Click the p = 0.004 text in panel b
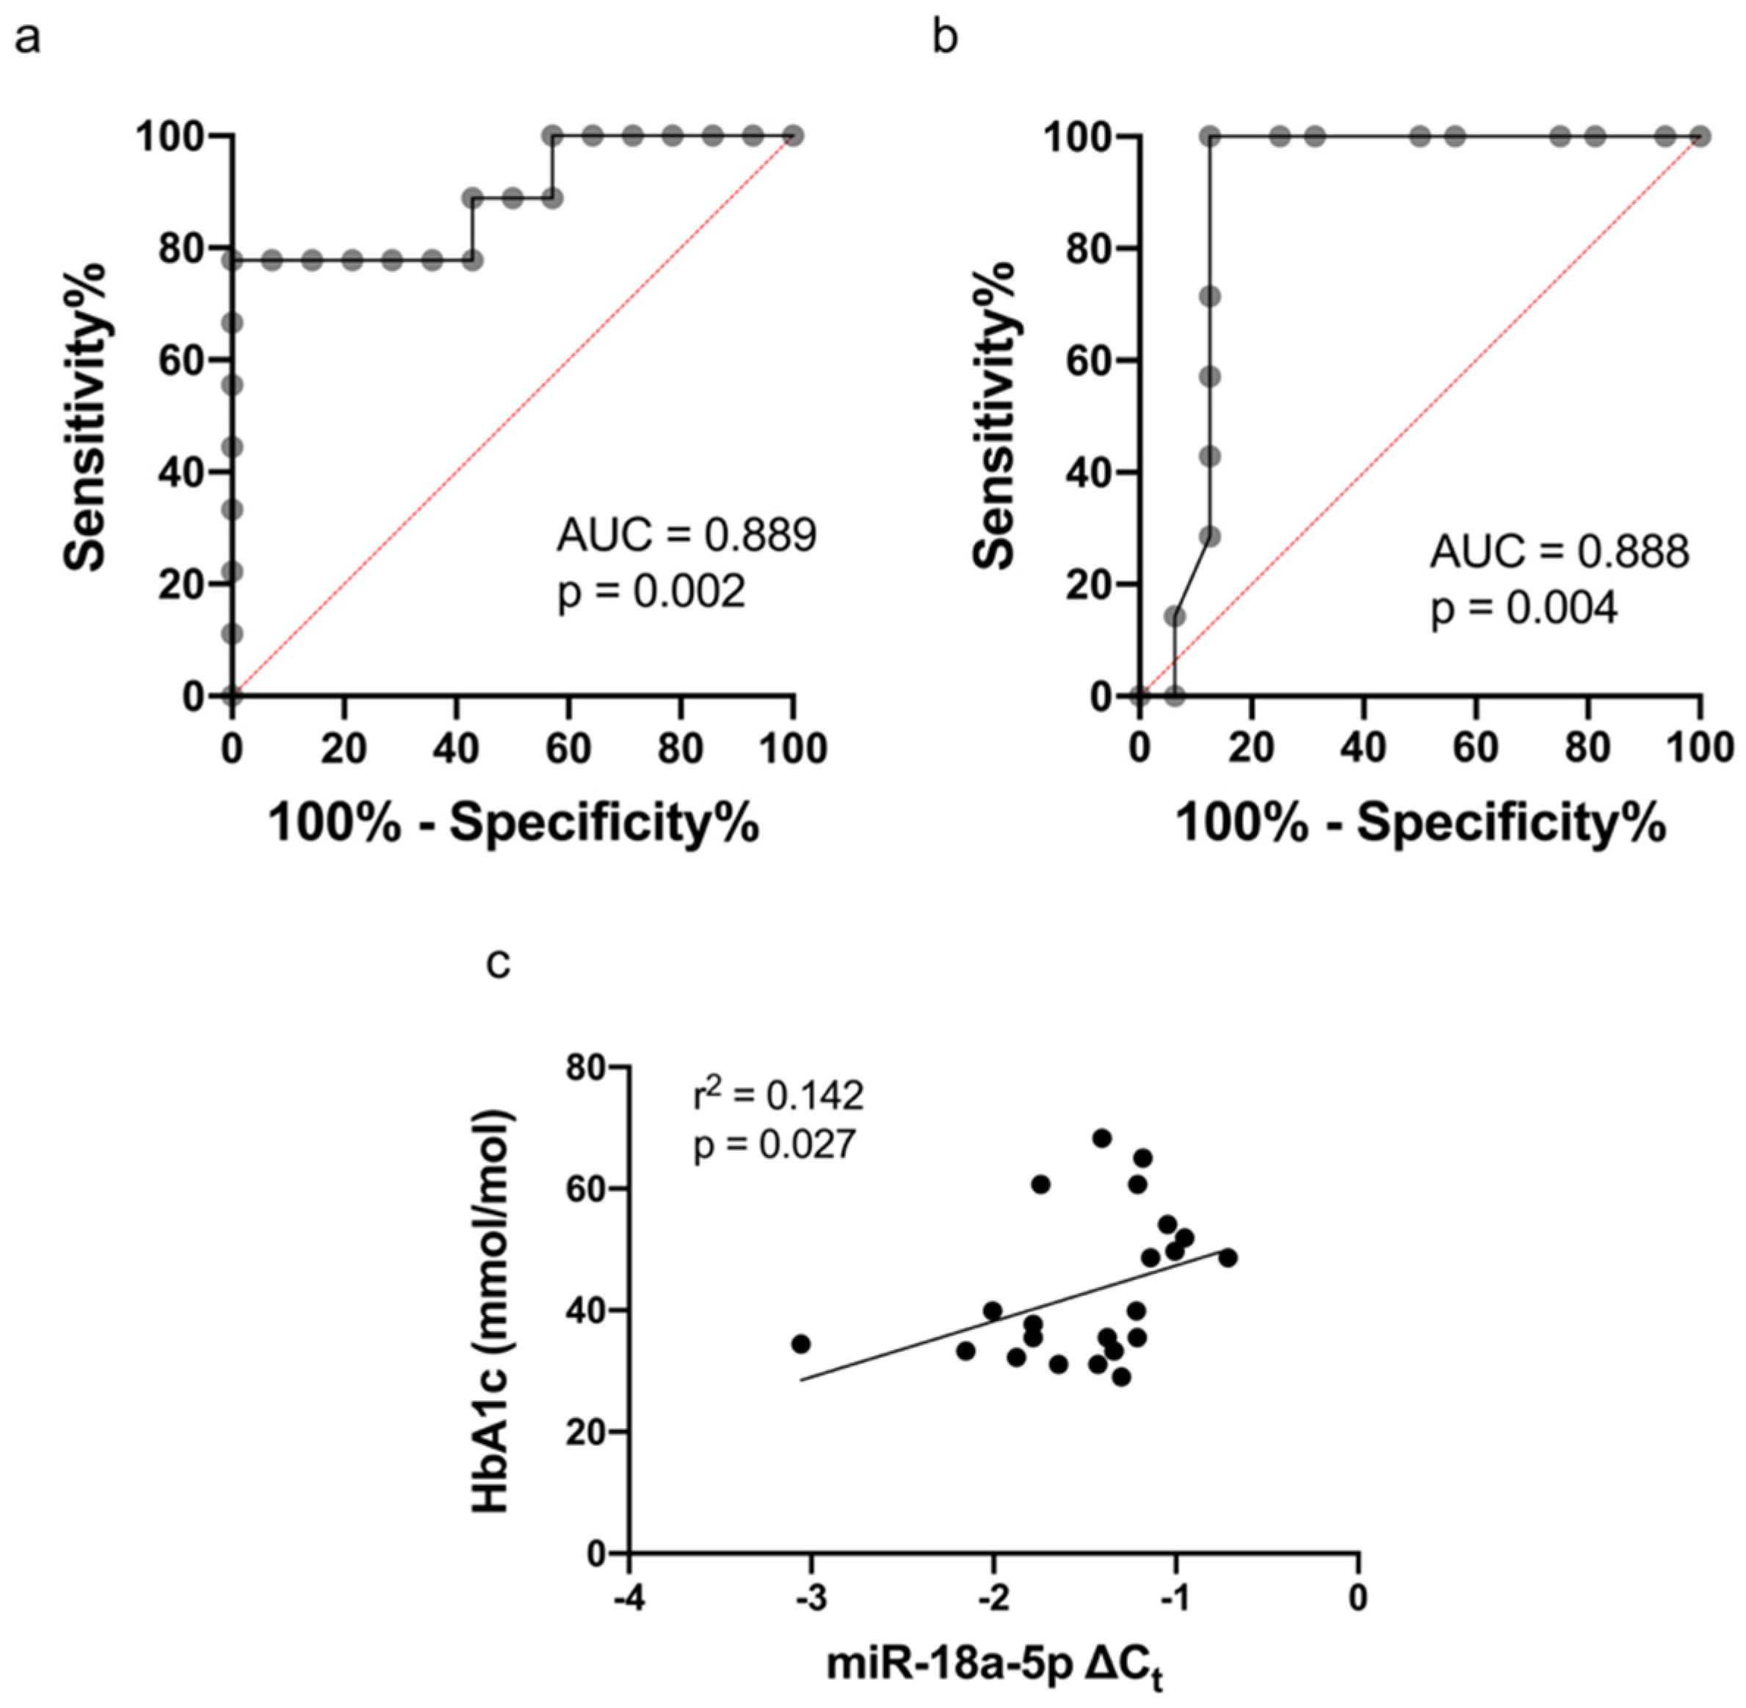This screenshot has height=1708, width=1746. pos(1524,609)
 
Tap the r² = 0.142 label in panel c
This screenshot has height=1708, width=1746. pos(778,1096)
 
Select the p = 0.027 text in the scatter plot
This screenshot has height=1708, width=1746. pos(774,1146)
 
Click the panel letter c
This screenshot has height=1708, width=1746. pos(499,963)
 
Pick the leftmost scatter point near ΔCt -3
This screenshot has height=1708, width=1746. pos(801,1344)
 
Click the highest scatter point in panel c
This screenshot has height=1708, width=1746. pos(1102,1138)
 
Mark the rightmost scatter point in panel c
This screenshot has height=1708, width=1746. pos(1228,1258)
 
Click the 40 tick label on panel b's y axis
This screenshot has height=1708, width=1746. pos(1087,472)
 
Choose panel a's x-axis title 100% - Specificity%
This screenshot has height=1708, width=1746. pos(514,822)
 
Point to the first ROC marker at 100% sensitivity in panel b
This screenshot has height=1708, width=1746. pos(1210,137)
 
